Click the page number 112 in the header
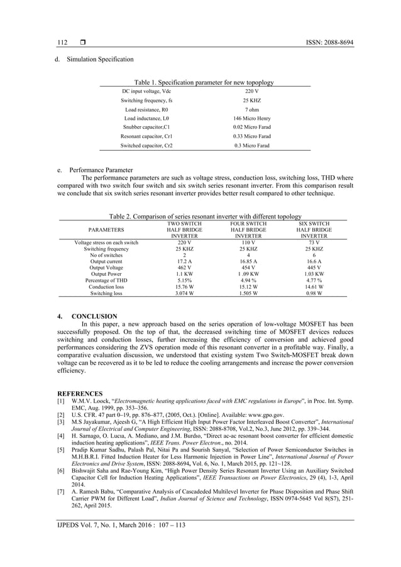[62, 42]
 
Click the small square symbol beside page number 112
[82, 42]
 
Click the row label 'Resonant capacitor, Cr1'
[146, 136]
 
